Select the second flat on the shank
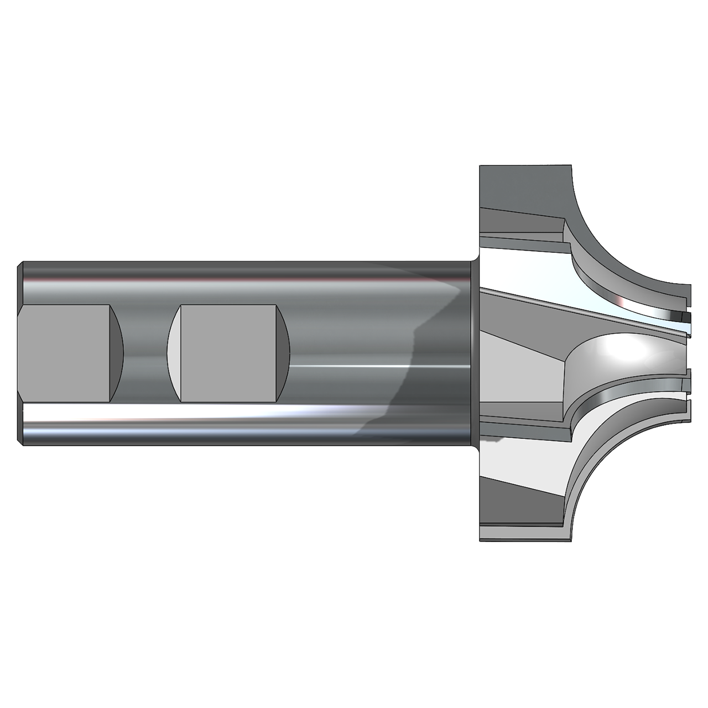(x=228, y=353)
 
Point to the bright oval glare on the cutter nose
(x=625, y=348)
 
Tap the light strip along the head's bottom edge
(x=520, y=534)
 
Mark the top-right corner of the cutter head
(x=569, y=166)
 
